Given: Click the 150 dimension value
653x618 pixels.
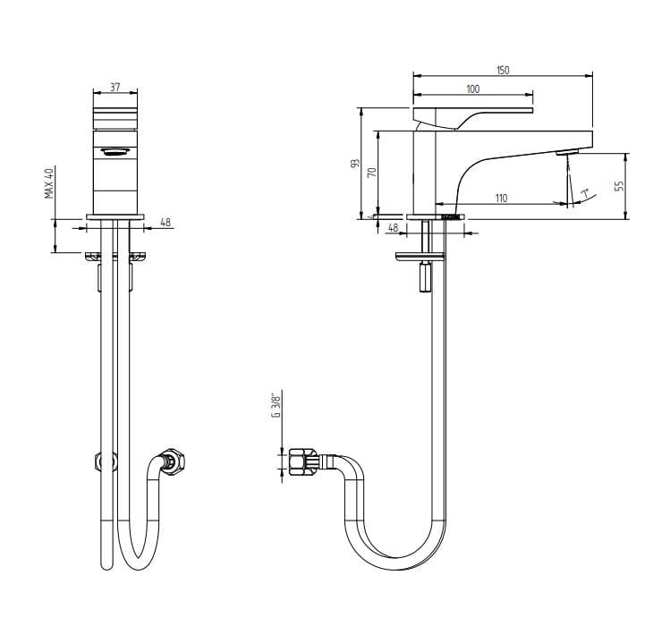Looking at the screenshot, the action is coord(503,70).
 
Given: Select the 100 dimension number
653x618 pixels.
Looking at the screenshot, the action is coord(472,89).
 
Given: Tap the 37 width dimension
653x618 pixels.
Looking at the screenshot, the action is coord(114,88).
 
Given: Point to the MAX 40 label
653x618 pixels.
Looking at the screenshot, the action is coord(49,182).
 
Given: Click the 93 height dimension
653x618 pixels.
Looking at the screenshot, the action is coord(355,163).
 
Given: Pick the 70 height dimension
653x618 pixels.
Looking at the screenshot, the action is coord(372,172).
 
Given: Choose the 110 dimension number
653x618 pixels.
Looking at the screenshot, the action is coord(502,199).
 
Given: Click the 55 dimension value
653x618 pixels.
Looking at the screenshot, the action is coord(620,186).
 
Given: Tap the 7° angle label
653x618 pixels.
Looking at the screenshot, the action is coord(585,194).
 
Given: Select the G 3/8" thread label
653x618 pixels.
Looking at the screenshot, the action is coord(276,404).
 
